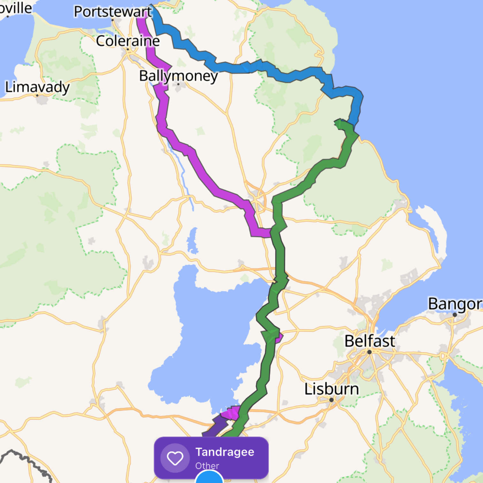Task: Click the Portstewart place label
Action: click(113, 12)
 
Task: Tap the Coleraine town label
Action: click(128, 41)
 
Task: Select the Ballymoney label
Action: click(178, 76)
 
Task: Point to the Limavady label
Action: click(37, 87)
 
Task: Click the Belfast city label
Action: click(370, 341)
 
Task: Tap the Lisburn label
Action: click(332, 389)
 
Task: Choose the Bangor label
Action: click(455, 304)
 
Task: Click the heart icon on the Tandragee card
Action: click(175, 458)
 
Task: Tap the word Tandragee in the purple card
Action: click(225, 452)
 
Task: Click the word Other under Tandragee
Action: click(207, 466)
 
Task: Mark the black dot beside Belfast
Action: click(369, 352)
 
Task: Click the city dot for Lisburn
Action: click(332, 400)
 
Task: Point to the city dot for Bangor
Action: click(455, 315)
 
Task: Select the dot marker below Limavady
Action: click(37, 95)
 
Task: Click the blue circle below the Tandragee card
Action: click(209, 478)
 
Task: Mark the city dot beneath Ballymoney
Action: click(178, 84)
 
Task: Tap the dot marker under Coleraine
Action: click(128, 49)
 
